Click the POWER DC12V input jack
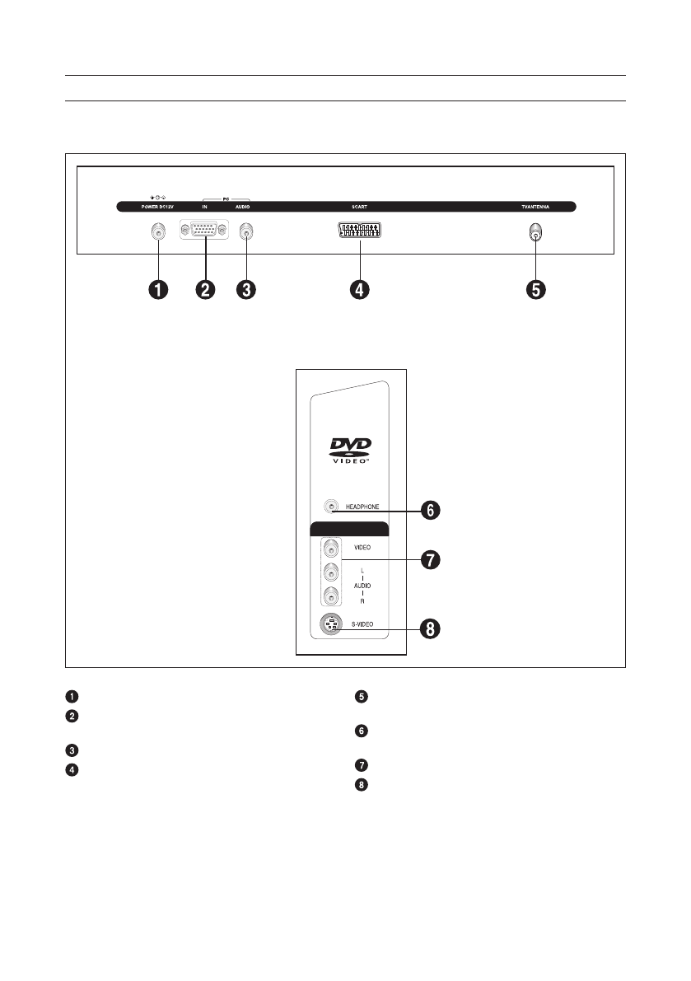coord(156,233)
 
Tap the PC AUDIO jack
coord(245,233)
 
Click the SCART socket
coord(359,233)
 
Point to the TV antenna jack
coord(535,233)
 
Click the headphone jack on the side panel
coord(331,507)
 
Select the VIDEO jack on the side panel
coord(331,547)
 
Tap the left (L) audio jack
coord(331,572)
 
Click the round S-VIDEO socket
coord(331,625)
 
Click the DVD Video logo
coord(351,451)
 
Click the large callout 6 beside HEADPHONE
coord(430,511)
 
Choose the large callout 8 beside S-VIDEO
coord(430,629)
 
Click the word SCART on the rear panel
coord(359,207)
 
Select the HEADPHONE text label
coord(362,507)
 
